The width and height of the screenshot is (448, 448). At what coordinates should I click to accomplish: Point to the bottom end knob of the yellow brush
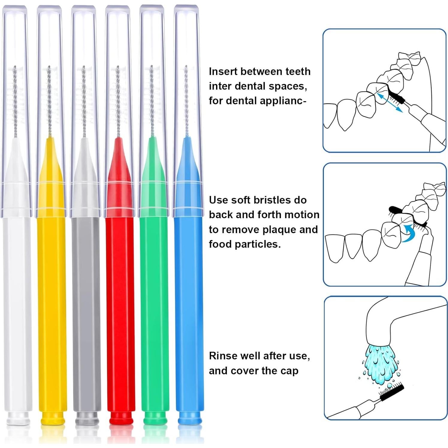pos(52,418)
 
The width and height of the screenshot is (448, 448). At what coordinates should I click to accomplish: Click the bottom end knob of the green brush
pos(155,418)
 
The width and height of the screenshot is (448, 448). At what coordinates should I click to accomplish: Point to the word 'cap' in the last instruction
pos(289,371)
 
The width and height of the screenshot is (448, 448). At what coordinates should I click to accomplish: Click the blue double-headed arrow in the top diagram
pos(390,102)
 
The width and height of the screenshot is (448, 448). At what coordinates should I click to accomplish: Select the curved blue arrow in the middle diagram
pos(407,233)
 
